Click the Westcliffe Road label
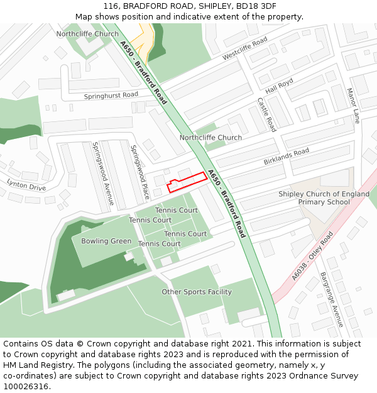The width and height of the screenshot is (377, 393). pos(245,48)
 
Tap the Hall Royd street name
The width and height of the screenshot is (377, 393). pos(279,87)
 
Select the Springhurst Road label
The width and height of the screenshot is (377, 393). pos(111,95)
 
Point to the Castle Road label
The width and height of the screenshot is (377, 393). pos(266,114)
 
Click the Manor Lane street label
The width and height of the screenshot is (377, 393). pos(354,105)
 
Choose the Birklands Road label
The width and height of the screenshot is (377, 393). pos(287,157)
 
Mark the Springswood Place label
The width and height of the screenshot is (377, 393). pos(139,172)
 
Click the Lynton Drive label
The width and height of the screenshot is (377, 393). pos(26,184)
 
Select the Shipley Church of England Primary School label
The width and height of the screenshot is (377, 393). pos(324,198)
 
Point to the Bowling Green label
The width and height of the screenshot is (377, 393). pos(106,241)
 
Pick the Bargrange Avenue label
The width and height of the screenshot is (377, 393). pos(331,299)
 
